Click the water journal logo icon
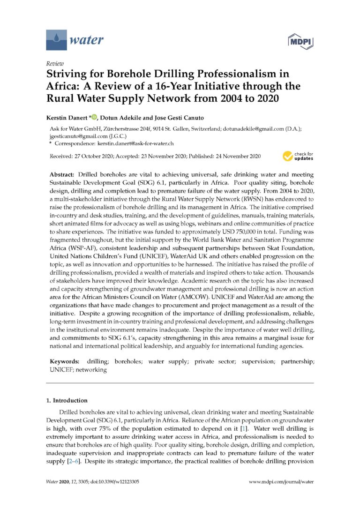pyautogui.click(x=56, y=40)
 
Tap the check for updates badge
pyautogui.click(x=298, y=156)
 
